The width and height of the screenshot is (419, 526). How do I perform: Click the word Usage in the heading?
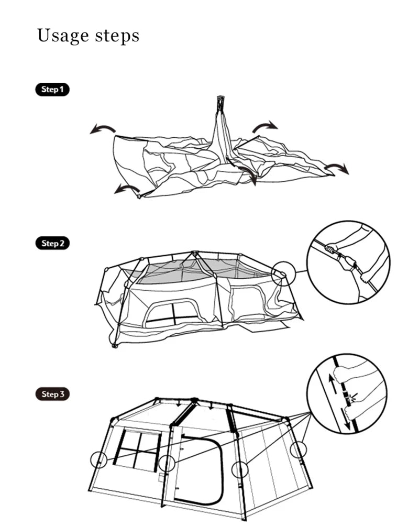[62, 36]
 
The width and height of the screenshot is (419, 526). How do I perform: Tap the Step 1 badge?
[52, 89]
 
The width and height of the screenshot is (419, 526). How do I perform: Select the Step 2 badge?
[52, 243]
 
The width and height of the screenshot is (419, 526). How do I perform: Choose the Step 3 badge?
[52, 394]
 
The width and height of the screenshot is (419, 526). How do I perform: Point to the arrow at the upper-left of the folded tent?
[103, 129]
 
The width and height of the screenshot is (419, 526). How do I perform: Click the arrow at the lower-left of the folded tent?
[127, 189]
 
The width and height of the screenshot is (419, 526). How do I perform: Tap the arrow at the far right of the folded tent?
[336, 168]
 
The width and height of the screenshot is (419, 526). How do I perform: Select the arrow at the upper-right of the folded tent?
[265, 126]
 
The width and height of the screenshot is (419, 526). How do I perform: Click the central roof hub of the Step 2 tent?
[195, 254]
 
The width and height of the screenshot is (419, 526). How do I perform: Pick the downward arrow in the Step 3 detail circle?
[347, 419]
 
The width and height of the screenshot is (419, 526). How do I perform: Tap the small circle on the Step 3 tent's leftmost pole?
[98, 460]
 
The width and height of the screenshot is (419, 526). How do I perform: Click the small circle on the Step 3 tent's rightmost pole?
[298, 450]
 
